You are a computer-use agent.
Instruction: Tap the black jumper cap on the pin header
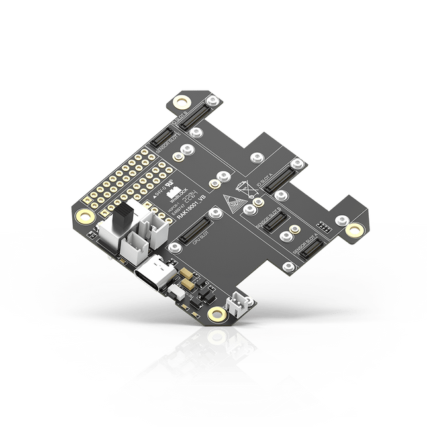123,221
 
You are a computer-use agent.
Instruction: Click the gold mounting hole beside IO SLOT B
179,102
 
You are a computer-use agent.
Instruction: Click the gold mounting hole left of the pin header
84,216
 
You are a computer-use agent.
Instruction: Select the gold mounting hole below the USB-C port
214,314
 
